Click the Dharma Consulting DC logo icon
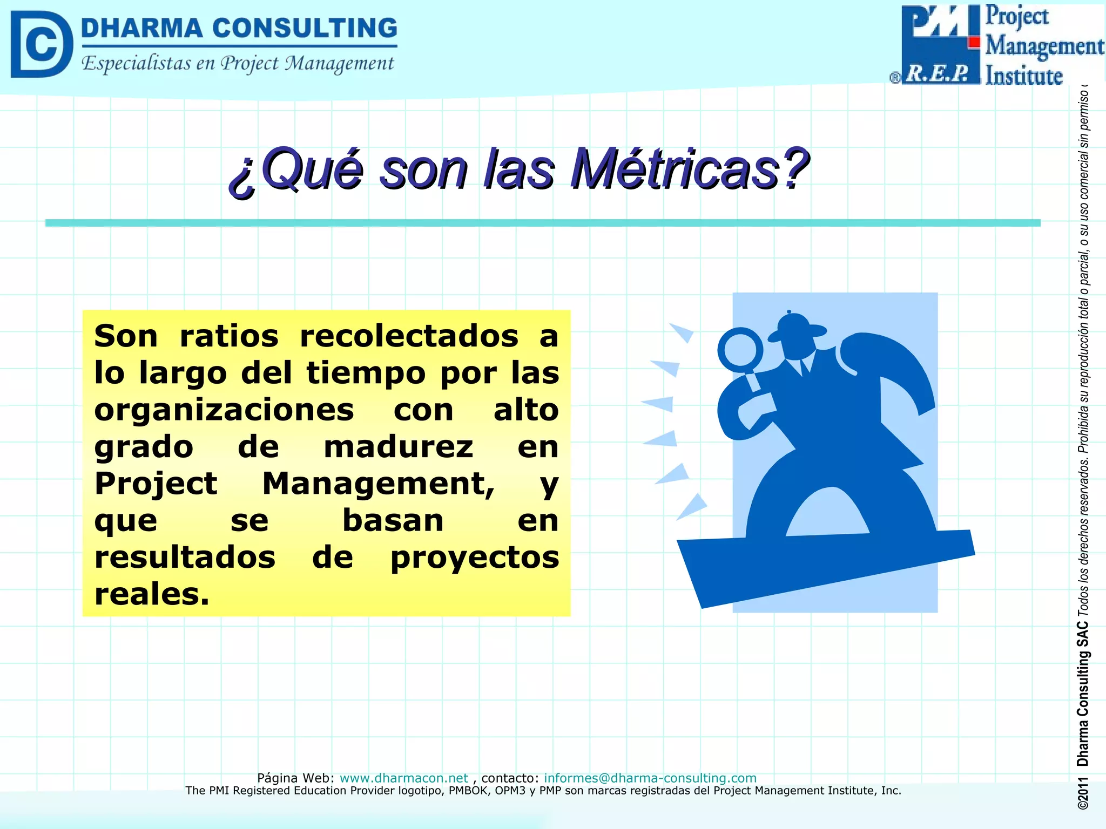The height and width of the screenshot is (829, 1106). coord(42,45)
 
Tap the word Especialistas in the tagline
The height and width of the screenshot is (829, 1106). coord(136,64)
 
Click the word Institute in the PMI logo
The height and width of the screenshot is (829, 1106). coord(1024,76)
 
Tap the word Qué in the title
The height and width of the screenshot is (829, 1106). coord(312,169)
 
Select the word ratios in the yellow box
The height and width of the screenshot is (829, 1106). coord(229,336)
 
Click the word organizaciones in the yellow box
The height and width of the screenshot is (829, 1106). coord(224,410)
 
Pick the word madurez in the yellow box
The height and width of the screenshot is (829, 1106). coord(399,447)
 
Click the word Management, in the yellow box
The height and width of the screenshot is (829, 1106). coord(378,484)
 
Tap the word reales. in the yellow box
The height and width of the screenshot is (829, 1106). coord(152,594)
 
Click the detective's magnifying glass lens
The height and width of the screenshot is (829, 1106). coord(740,349)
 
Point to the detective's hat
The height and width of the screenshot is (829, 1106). coord(797,328)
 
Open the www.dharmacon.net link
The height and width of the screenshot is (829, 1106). coord(403,778)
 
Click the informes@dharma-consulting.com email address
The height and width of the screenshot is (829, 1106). coord(650,778)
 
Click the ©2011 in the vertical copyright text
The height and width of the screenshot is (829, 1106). coord(1083,793)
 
